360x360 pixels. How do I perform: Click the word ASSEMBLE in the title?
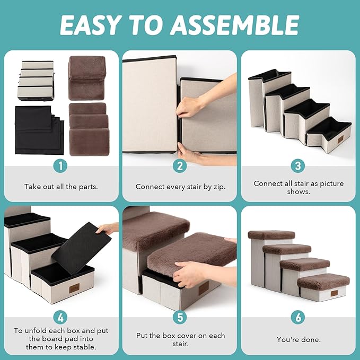point(235,25)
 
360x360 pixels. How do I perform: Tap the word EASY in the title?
point(90,25)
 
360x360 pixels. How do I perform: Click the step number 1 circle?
point(60,166)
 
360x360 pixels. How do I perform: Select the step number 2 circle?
point(180,166)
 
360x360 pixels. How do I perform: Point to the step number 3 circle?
point(298,166)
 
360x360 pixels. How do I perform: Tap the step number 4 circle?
point(60,318)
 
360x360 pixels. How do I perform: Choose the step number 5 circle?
point(180,318)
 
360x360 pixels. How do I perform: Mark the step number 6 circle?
point(298,318)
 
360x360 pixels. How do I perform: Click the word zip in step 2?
point(219,187)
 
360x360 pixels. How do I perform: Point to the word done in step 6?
point(310,339)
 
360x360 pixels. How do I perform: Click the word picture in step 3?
point(332,183)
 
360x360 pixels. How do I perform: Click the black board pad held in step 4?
point(82,249)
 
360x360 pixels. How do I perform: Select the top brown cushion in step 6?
point(271,235)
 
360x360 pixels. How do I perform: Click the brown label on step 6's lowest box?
point(334,293)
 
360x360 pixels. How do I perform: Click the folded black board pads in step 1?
point(39,130)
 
